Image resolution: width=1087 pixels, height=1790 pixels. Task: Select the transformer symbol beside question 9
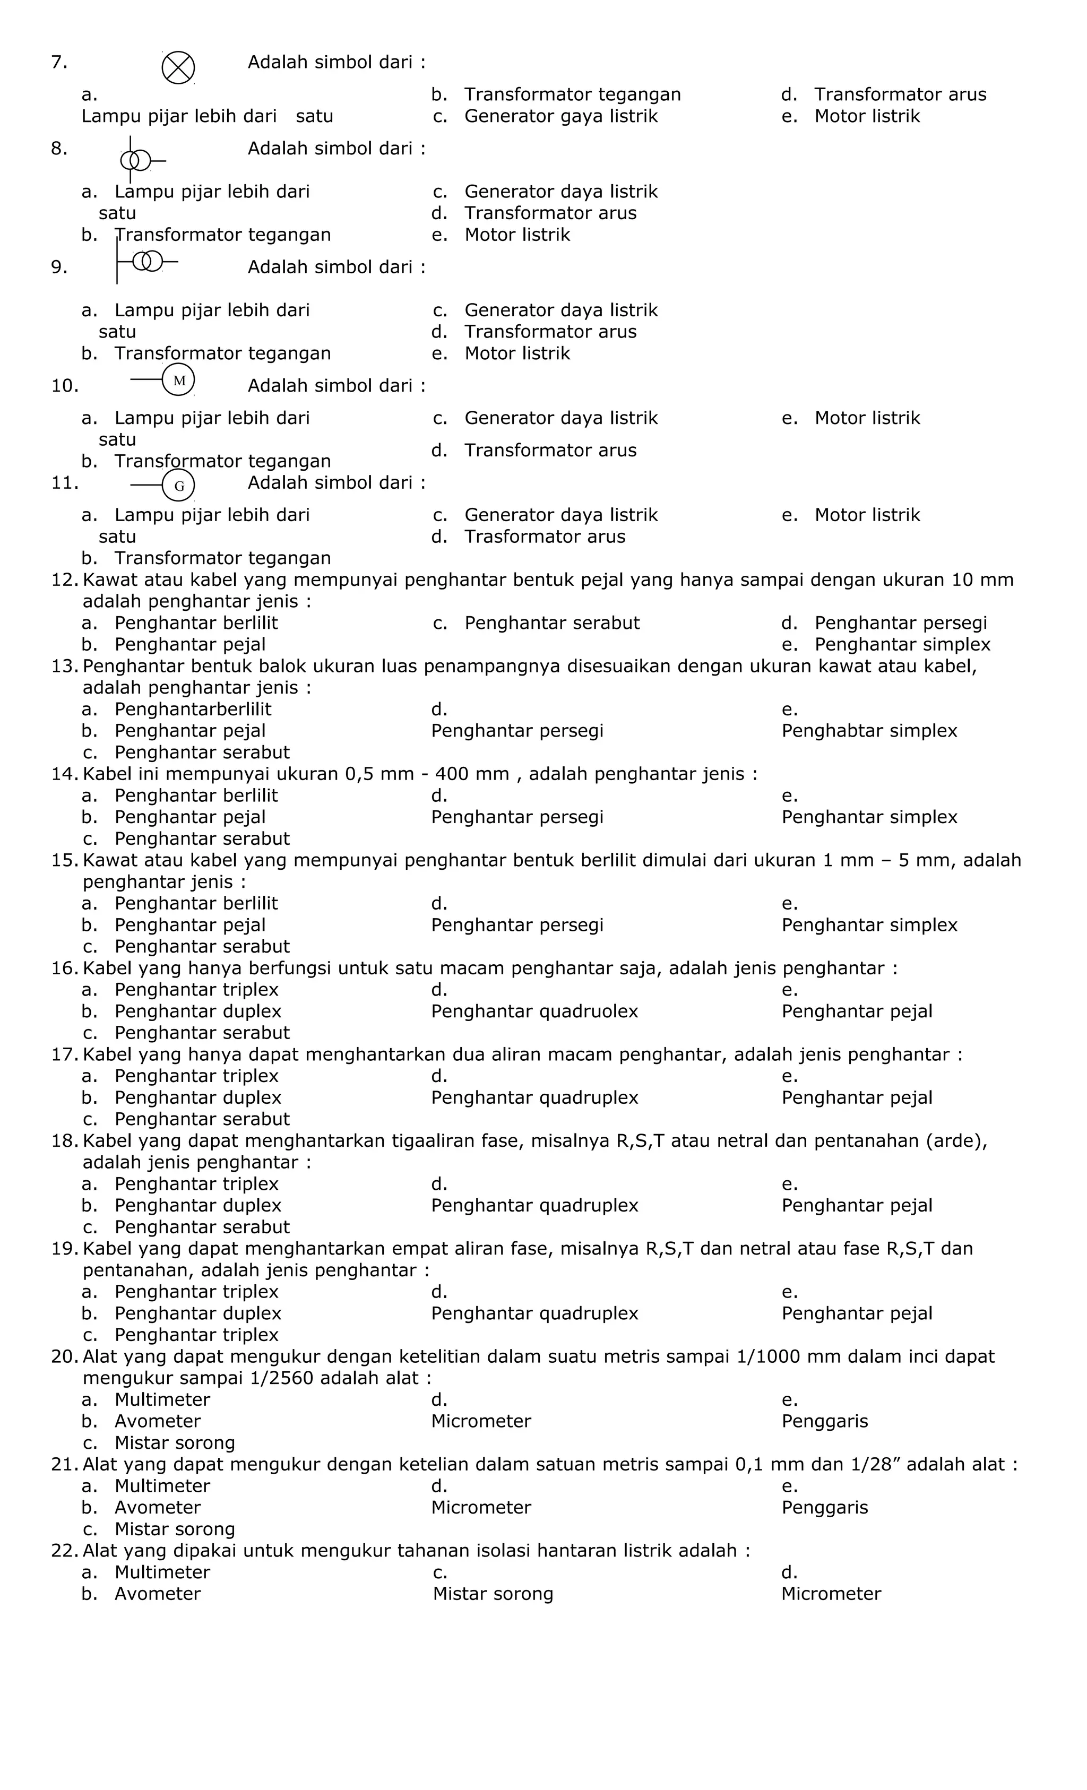pos(148,261)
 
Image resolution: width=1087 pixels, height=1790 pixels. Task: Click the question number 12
pos(65,580)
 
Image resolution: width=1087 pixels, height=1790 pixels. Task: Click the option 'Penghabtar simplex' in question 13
pos(869,731)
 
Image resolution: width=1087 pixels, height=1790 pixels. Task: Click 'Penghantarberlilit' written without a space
pos(193,709)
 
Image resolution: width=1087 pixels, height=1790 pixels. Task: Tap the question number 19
pos(65,1249)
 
